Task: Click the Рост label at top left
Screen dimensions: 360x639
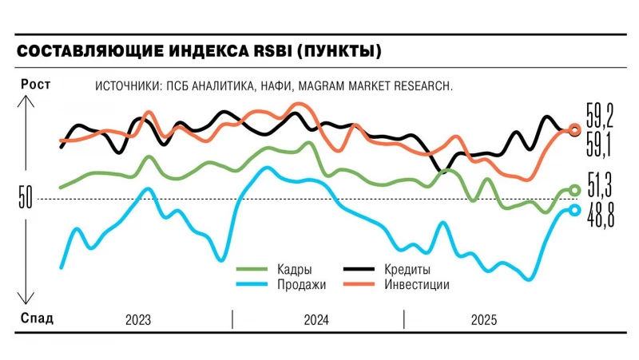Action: (x=34, y=85)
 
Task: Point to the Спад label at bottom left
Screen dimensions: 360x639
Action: (x=36, y=319)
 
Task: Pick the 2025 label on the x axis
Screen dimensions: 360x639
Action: (x=483, y=320)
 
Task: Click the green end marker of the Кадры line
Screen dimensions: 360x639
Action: (x=574, y=190)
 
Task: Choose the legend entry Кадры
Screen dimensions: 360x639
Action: (x=294, y=270)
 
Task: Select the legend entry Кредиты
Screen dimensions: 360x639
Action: (x=408, y=270)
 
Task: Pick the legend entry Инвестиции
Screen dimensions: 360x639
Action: (x=416, y=285)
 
